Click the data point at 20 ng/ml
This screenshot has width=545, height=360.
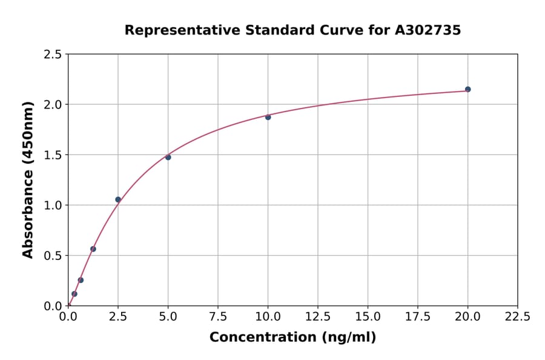tap(467, 89)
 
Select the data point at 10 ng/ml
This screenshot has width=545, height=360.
tap(268, 117)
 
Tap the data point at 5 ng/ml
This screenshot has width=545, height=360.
tap(168, 157)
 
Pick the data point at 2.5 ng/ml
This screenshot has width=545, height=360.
tap(118, 199)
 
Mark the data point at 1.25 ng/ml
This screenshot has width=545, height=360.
tap(93, 248)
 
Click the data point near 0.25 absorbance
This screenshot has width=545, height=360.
tap(81, 280)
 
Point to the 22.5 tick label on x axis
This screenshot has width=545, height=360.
tap(517, 317)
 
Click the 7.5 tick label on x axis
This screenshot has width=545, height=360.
tap(218, 317)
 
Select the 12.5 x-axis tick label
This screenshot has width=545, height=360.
tap(318, 317)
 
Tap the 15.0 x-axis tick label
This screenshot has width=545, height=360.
tap(368, 317)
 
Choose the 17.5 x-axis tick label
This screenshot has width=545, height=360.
tap(418, 317)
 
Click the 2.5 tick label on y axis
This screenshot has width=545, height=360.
tap(53, 55)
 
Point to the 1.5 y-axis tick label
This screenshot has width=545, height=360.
tap(53, 155)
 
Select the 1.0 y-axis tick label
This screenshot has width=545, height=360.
tap(53, 205)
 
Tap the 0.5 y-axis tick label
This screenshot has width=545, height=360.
tap(53, 256)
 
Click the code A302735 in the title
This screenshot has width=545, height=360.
tap(428, 30)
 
